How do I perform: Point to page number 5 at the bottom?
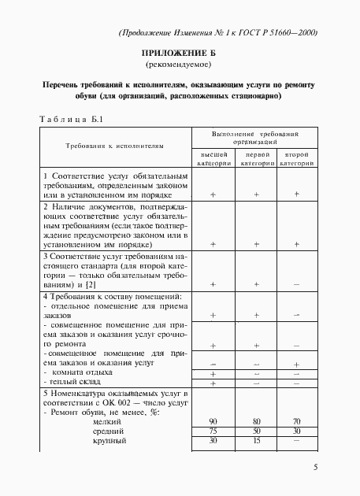pyautogui.click(x=315, y=467)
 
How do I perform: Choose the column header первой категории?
pyautogui.click(x=255, y=160)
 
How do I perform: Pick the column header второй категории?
pyautogui.click(x=296, y=160)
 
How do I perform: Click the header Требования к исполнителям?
pyautogui.click(x=115, y=146)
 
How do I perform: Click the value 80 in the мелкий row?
pyautogui.click(x=255, y=422)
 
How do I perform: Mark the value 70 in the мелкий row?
pyautogui.click(x=296, y=422)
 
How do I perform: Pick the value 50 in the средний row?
pyautogui.click(x=255, y=431)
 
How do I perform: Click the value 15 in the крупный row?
pyautogui.click(x=255, y=441)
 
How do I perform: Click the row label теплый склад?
pyautogui.click(x=76, y=383)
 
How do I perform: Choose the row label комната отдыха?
pyautogui.click(x=80, y=372)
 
